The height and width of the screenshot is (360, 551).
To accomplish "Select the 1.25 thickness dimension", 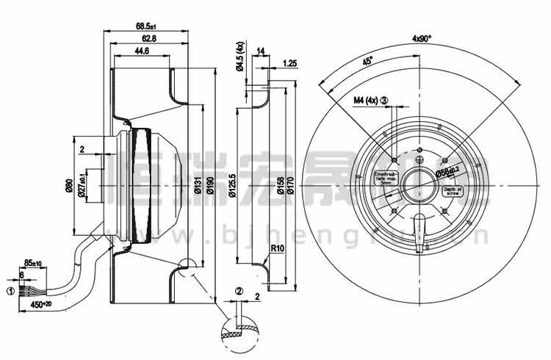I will point(289,64).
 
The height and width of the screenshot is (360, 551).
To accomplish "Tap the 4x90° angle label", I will point(422,37).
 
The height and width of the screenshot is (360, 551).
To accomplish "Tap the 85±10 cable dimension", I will point(32,262).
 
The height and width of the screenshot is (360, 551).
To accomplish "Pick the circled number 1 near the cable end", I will point(10,291).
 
